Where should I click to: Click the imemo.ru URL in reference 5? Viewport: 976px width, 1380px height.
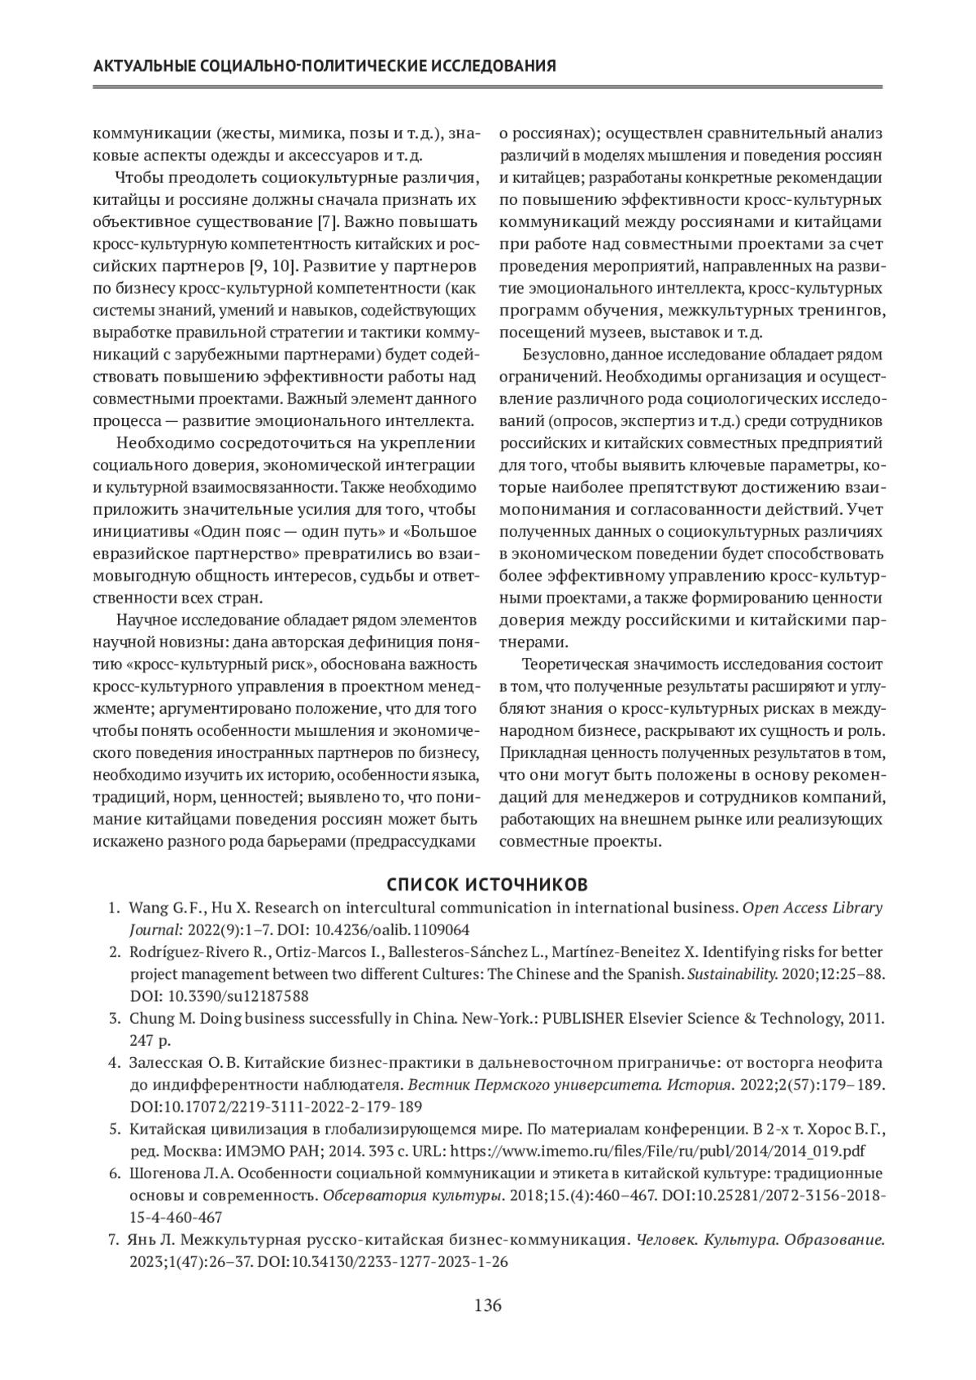click(x=657, y=1151)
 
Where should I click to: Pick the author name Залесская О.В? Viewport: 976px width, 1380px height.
click(x=185, y=1063)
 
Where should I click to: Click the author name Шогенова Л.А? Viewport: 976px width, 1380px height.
click(x=183, y=1174)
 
